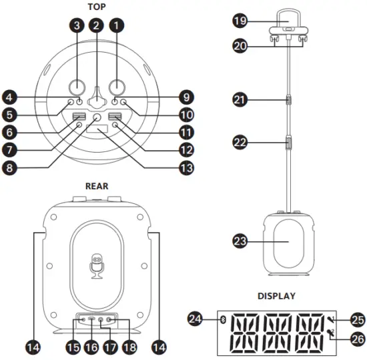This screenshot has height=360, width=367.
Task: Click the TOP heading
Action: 97,7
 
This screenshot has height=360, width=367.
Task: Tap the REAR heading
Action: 97,186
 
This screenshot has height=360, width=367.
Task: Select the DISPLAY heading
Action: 276,296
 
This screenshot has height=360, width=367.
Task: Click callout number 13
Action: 187,168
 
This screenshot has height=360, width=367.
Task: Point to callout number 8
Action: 9,168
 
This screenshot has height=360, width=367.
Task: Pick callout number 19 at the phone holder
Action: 240,21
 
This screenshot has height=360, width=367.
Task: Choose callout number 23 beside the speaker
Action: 240,241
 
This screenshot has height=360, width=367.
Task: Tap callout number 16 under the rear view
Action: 91,347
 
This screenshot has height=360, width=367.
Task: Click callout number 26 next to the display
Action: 358,339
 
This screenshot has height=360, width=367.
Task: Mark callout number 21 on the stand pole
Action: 240,100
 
